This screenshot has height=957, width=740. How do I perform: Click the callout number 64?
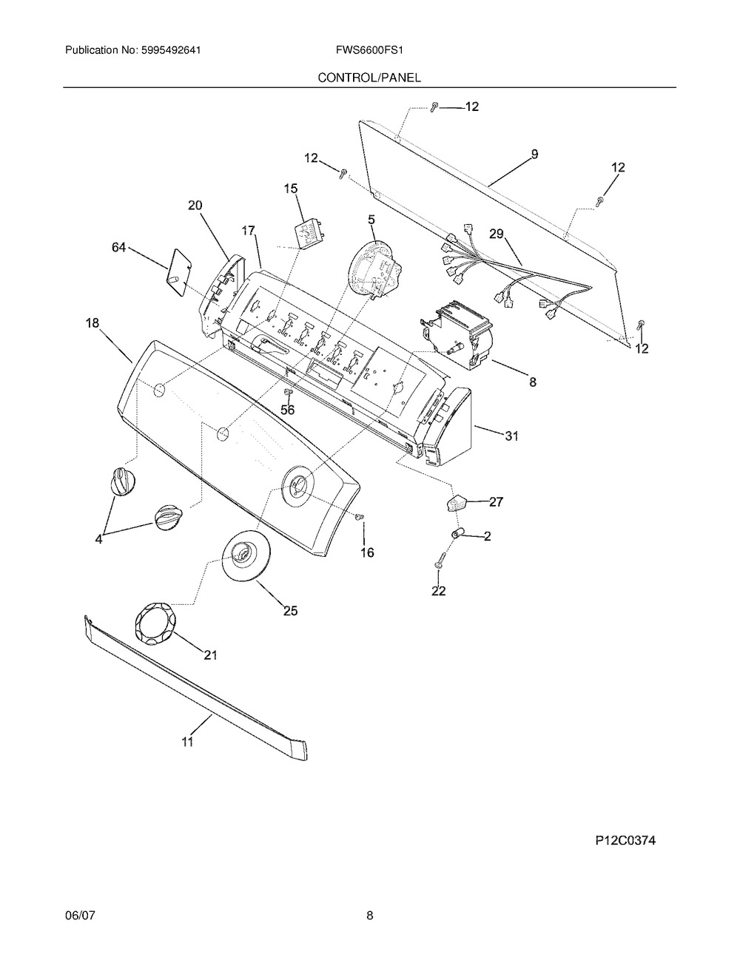click(x=119, y=248)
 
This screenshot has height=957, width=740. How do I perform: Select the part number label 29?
click(x=497, y=234)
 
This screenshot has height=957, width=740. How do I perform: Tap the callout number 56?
click(x=288, y=410)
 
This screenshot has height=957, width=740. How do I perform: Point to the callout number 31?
click(x=511, y=436)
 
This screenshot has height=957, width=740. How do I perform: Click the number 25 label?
click(x=291, y=610)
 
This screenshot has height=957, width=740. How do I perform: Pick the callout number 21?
click(x=211, y=655)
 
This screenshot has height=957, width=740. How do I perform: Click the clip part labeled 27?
click(x=454, y=503)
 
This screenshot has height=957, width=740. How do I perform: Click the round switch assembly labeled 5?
click(x=375, y=270)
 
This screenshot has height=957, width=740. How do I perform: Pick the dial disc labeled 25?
click(x=246, y=556)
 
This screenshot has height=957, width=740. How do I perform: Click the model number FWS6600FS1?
click(x=369, y=50)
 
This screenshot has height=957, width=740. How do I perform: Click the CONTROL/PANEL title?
click(x=369, y=78)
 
